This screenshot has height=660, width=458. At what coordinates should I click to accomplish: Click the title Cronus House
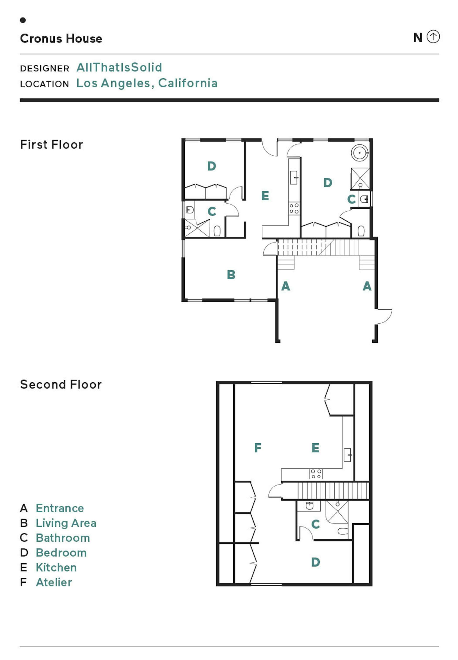pos(61,38)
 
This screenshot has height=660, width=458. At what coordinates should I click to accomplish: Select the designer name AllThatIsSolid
pos(119,68)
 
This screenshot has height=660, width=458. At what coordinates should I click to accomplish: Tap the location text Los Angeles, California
pos(147,83)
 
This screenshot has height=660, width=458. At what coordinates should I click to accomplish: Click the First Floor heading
pos(52,144)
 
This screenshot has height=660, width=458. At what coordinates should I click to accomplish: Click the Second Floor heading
pos(61,384)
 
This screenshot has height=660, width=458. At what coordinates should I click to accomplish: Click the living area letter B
pos(231,275)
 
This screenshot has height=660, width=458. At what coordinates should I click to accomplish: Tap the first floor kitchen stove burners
pos(294,208)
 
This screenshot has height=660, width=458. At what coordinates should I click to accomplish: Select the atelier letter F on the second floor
pos(258,447)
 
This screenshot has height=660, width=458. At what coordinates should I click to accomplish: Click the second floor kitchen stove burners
pos(316,474)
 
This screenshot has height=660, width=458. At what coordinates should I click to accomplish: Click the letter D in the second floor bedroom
pos(316,562)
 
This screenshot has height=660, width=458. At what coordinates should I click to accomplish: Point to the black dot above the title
pos(23,20)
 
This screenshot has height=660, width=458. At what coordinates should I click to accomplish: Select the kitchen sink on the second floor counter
pos(348,455)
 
